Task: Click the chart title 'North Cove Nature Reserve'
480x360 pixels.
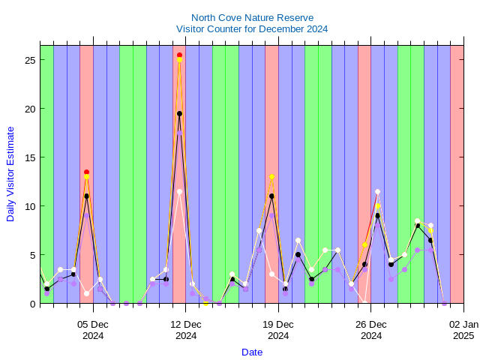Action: (252, 17)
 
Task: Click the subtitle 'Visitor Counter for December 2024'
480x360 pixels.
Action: (252, 28)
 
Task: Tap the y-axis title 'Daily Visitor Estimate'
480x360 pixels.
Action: (10, 173)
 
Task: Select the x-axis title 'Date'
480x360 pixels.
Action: (252, 352)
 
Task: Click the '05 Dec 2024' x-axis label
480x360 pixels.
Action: (93, 330)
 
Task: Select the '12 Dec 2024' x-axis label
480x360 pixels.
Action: (186, 330)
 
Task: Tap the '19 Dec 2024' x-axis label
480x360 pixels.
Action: (278, 330)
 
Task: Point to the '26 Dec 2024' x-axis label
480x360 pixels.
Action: (371, 330)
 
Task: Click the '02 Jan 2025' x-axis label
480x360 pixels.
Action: (463, 330)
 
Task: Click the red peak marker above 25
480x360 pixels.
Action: (179, 55)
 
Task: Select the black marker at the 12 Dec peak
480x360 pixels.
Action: (179, 114)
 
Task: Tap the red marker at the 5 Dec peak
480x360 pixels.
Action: (86, 172)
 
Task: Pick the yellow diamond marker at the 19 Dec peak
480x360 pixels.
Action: (271, 176)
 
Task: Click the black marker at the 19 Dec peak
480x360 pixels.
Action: (271, 196)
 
